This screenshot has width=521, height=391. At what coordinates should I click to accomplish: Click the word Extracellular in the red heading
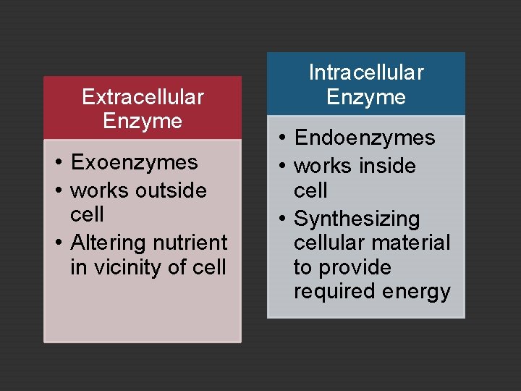pyautogui.click(x=143, y=96)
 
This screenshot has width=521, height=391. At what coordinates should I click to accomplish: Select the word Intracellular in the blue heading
pyautogui.click(x=366, y=72)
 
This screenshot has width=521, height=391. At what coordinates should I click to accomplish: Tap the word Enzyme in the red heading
pyautogui.click(x=143, y=120)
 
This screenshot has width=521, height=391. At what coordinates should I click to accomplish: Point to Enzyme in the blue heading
pyautogui.click(x=366, y=96)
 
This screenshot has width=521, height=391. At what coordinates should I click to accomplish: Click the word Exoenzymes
pyautogui.click(x=135, y=161)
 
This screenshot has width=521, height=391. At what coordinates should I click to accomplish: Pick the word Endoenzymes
pyautogui.click(x=365, y=138)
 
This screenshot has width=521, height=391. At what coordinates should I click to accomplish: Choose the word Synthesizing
pyautogui.click(x=357, y=219)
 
